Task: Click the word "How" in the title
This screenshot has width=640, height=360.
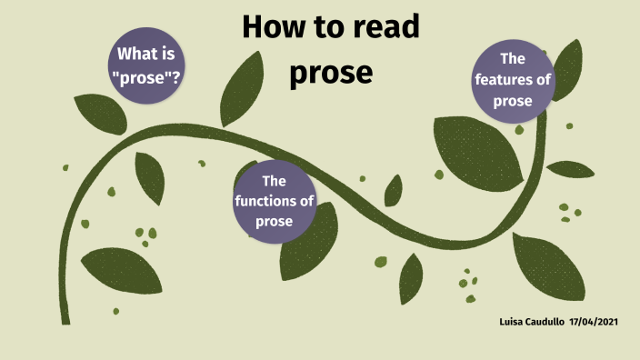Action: coord(274,28)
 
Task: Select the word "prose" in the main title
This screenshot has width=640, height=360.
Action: coord(331,72)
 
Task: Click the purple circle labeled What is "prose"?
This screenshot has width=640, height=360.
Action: coord(145,66)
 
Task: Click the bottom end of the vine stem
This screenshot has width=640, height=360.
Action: coord(65,320)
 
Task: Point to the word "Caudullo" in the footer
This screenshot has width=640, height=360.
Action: coord(545,323)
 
